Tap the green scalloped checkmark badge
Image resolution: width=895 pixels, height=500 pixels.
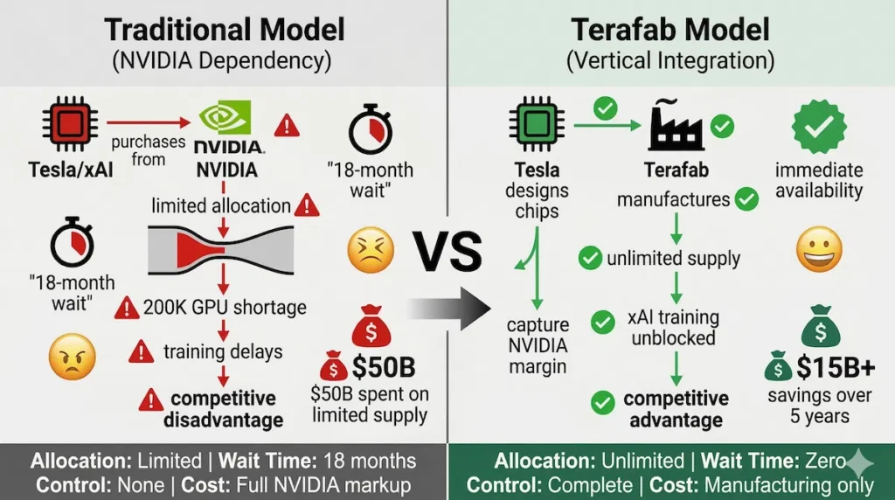pos(818,126)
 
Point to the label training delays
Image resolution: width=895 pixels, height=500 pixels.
pos(223,352)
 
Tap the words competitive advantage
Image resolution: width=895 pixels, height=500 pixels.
pos(676,409)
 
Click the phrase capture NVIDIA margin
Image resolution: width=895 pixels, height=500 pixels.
pos(538,345)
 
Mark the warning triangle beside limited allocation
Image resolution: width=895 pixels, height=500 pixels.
pos(307,206)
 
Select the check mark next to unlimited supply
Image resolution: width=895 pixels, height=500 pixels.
pos(591,258)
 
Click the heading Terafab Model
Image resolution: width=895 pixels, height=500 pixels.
pos(671,30)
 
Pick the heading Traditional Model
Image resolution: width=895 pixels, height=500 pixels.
pos(224,30)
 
